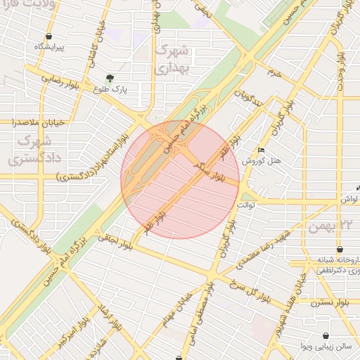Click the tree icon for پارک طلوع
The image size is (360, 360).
109,78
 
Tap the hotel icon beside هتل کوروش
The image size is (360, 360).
262,150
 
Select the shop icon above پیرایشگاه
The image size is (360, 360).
49,37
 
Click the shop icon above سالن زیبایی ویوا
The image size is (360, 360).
326,335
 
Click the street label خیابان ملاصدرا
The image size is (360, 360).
38,122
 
